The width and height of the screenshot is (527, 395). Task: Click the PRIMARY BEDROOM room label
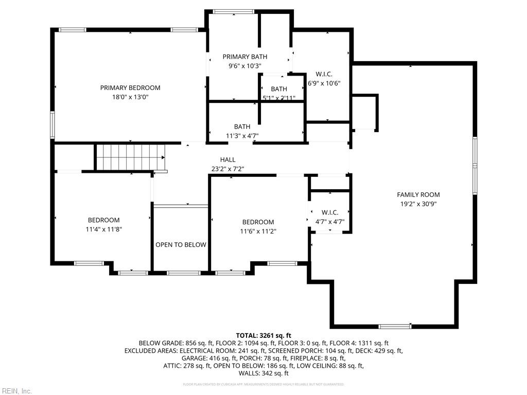130,88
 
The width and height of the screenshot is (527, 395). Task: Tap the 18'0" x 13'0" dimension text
130,97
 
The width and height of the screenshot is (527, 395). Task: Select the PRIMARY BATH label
244,57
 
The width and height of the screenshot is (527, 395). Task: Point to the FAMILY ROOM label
418,194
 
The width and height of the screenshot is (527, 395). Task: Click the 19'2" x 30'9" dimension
418,204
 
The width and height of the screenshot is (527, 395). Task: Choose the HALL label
227,159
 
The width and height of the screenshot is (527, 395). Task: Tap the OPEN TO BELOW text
181,245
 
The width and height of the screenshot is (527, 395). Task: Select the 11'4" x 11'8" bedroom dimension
103,229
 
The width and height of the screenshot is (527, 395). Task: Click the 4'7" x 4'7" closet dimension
330,222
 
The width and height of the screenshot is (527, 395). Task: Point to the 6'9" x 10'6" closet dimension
324,83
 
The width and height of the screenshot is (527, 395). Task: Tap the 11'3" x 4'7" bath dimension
242,136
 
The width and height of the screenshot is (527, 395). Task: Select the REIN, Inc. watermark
16,391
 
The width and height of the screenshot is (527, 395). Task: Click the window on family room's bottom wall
395,326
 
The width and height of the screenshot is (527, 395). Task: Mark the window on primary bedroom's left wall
52,125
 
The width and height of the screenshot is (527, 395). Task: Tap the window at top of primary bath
234,11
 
